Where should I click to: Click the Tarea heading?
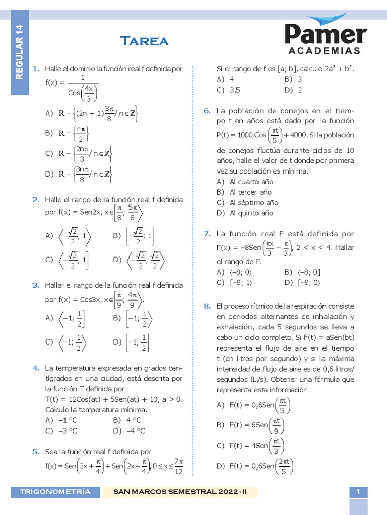(144, 41)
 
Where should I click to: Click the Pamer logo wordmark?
(326, 34)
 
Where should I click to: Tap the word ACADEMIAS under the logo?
(325, 51)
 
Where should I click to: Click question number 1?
(36, 69)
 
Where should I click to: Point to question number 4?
(36, 368)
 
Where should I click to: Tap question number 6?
(207, 111)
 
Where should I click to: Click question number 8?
(207, 306)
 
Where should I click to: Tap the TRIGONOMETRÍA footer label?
(55, 491)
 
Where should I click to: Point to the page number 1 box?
(358, 492)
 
